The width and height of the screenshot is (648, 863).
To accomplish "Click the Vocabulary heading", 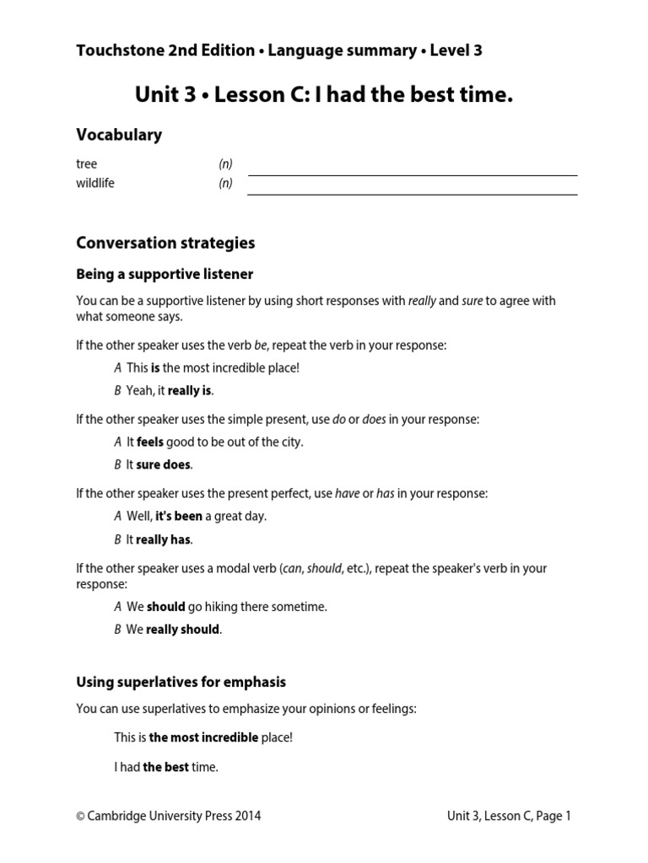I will pos(119,135).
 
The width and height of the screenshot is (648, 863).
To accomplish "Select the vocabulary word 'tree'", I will pos(87,164).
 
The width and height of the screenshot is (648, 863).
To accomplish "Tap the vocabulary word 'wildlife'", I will pos(95,183).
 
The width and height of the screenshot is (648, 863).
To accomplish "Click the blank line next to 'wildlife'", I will pos(412,194).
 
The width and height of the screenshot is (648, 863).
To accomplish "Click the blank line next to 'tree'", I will pos(412,174).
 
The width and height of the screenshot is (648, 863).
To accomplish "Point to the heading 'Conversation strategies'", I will pos(165,243).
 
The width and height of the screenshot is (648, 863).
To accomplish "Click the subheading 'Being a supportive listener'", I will pos(165,274).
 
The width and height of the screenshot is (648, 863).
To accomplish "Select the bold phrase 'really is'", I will pos(190,390).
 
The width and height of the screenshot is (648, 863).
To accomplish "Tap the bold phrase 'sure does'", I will pos(164,464).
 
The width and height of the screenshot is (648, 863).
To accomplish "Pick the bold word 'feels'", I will pos(150,442).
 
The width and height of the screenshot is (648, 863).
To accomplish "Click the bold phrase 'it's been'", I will pos(179,516).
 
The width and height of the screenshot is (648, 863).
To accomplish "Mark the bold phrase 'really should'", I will pos(183,629).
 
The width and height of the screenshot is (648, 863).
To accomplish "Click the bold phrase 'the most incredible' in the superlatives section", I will pos(203,737).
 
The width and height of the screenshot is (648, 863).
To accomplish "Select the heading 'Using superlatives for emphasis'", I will pos(181,682).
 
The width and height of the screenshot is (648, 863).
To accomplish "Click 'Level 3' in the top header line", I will pos(456,51).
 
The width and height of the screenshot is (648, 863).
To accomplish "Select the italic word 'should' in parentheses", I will pos(324,568).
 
